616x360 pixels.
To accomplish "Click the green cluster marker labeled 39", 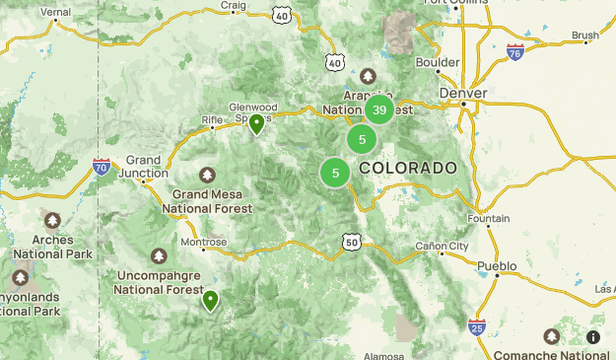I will tap(379, 109).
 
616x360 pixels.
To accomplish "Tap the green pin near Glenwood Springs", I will tap(256, 123).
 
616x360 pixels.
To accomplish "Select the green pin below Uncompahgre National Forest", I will tap(210, 300).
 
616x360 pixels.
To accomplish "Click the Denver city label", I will tap(463, 93).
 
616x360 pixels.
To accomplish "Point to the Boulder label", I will tap(438, 61).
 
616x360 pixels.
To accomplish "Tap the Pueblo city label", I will tap(496, 266).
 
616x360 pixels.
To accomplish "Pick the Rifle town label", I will tap(213, 120).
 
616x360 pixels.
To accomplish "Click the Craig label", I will tap(233, 5).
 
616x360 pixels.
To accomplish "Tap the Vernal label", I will tap(56, 12).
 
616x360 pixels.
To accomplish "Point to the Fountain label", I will tap(489, 218).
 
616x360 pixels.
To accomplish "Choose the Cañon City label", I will tap(442, 246).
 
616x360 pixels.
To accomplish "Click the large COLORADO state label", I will tap(408, 169).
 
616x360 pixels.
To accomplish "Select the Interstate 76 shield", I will tap(514, 51).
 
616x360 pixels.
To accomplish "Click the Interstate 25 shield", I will tap(477, 325).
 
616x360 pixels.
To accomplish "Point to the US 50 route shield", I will tap(352, 242).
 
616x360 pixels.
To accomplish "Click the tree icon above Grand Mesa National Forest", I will tap(207, 175).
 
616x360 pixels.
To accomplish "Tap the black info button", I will tap(593, 337).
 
